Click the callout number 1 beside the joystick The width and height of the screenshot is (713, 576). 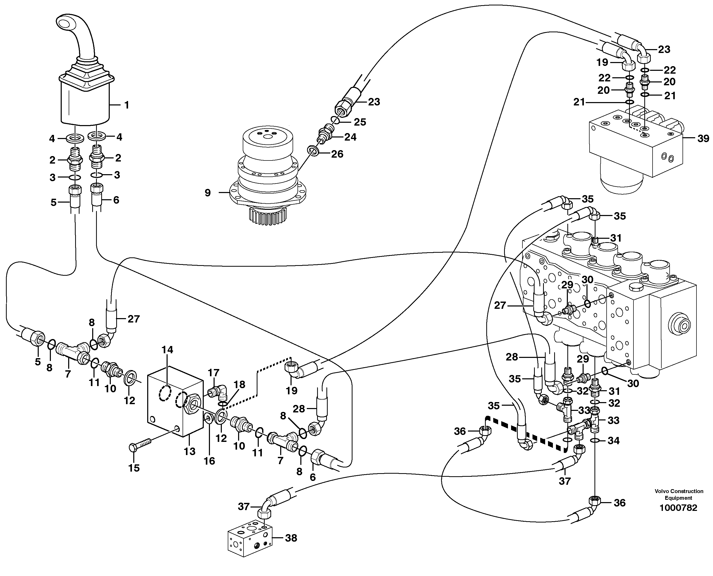tap(126, 105)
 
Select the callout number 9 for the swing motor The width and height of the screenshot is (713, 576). tap(208, 193)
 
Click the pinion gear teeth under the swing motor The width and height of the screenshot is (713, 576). tap(265, 217)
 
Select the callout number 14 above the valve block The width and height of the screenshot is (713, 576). tap(168, 349)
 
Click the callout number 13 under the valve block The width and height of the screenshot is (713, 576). tap(190, 451)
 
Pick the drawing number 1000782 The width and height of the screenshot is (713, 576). tap(678, 508)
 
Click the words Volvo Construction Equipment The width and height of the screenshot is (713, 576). tap(678, 494)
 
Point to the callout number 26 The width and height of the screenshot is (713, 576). tap(337, 154)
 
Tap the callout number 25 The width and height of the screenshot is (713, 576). tap(359, 122)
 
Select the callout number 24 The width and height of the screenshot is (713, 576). tap(350, 137)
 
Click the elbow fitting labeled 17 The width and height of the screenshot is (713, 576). tap(219, 391)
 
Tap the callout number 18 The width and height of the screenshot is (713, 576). tap(239, 385)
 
